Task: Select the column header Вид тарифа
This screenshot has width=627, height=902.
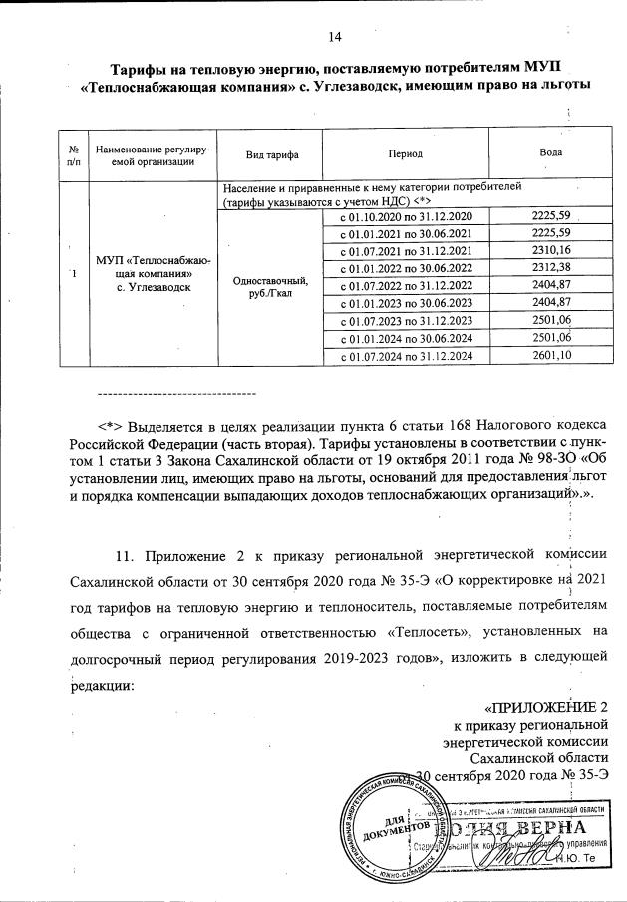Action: (x=270, y=154)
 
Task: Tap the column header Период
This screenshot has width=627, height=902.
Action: (x=406, y=154)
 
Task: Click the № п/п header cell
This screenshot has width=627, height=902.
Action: (x=73, y=154)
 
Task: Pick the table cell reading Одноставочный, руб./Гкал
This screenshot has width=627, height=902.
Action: (x=270, y=286)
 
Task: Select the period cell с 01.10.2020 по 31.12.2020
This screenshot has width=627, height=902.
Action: (x=406, y=216)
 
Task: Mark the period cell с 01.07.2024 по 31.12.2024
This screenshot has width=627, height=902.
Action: (x=406, y=356)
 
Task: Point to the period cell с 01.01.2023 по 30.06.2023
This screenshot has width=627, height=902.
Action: (x=406, y=302)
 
